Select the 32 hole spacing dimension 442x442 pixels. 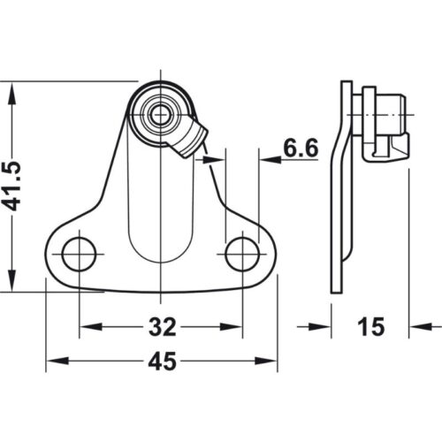[160, 328]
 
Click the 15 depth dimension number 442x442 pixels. [372, 327]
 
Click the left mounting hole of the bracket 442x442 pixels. [79, 255]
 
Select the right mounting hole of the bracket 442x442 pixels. [242, 255]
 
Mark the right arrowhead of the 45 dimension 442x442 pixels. [270, 362]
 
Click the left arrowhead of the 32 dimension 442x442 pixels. [86, 328]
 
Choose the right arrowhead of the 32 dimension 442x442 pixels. [235, 328]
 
